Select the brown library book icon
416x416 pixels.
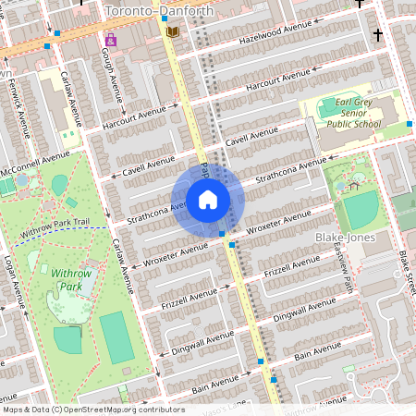point(171,32)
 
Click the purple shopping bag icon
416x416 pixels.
point(111,40)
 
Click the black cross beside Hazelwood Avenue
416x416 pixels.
point(377,35)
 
